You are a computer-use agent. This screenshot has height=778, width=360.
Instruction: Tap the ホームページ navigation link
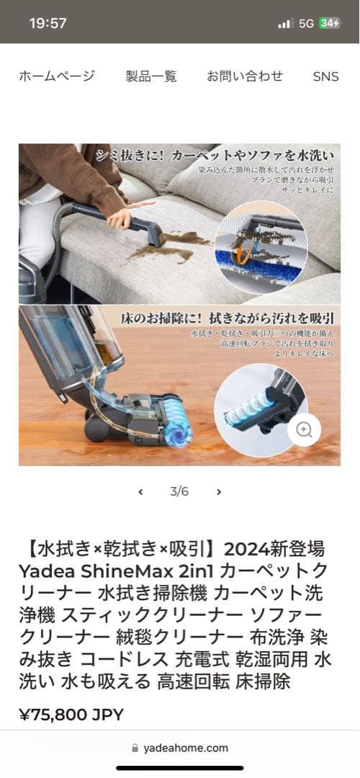click(56, 76)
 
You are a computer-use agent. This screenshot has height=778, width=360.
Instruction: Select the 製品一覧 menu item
click(150, 76)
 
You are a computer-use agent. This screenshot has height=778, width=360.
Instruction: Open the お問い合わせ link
click(245, 76)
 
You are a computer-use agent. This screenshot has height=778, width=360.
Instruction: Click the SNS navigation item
click(325, 76)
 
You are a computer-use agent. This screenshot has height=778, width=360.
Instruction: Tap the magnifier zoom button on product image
click(304, 430)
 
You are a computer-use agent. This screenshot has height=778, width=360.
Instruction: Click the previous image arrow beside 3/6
click(140, 492)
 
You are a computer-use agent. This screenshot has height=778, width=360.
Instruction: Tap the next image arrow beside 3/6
click(219, 492)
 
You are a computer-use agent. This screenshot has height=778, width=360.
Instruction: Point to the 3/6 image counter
click(179, 492)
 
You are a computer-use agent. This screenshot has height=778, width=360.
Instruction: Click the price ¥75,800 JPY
click(71, 715)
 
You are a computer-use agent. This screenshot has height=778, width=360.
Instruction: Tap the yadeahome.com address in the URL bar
click(186, 748)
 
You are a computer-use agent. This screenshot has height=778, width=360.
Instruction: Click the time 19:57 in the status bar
click(48, 23)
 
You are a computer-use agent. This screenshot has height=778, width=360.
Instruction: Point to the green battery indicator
click(330, 23)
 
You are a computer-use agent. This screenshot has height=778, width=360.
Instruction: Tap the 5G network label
click(306, 23)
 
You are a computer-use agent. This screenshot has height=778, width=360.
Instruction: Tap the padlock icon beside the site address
click(135, 748)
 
